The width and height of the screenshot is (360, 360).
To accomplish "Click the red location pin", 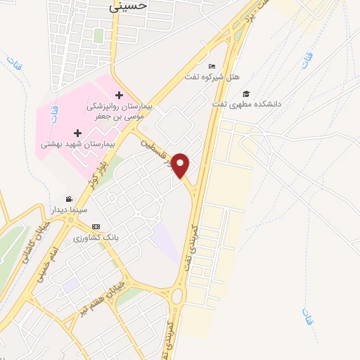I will pos(181,165).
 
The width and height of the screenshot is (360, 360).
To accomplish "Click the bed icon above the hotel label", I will pos(212,67).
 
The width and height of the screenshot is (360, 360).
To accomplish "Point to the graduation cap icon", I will pos(246,94).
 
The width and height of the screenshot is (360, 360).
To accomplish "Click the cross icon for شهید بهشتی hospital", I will pos(77,132).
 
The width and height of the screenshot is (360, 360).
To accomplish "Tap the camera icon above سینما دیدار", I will pos(68,200).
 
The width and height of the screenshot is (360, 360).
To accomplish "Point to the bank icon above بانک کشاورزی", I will pos(96,227).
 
